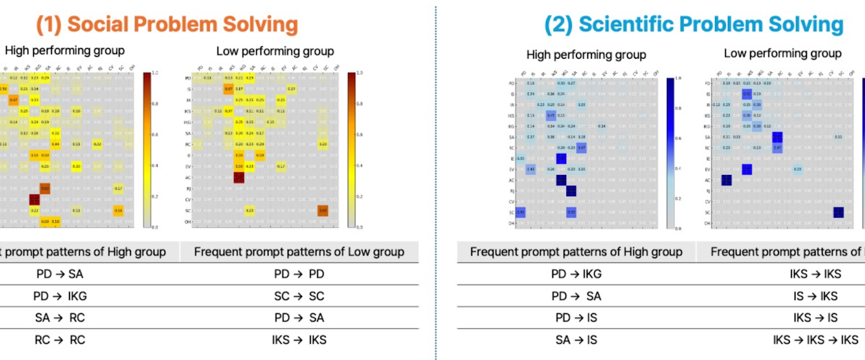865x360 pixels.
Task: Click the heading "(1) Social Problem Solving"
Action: tap(167, 24)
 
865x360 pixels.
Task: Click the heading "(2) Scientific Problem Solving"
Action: tap(694, 24)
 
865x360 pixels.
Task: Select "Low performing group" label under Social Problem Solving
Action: tap(275, 51)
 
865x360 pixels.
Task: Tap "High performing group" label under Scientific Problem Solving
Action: tap(586, 55)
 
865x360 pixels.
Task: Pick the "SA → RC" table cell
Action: tap(59, 317)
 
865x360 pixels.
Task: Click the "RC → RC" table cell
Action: tap(59, 340)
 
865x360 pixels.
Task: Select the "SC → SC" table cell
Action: tap(299, 296)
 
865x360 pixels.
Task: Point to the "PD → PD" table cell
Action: tap(299, 274)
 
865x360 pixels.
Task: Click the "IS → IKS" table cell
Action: tap(815, 296)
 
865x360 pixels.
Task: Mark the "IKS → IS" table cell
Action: tap(815, 317)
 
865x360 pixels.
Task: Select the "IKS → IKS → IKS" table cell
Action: tap(815, 340)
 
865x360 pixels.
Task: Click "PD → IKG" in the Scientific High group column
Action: tap(576, 274)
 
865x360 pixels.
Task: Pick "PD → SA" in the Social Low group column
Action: tap(299, 317)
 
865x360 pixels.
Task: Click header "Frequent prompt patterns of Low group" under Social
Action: tap(299, 252)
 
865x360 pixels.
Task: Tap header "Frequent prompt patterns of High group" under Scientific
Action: tap(576, 253)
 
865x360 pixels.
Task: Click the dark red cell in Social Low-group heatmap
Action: tap(239, 178)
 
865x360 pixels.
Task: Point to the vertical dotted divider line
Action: tap(436, 182)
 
